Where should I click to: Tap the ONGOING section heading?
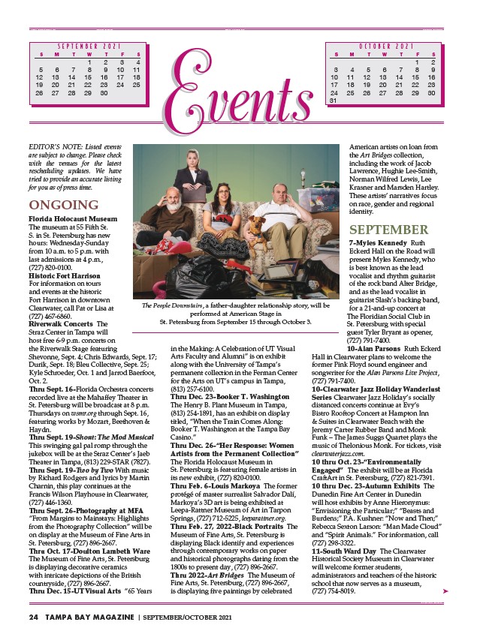point(63,205)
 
